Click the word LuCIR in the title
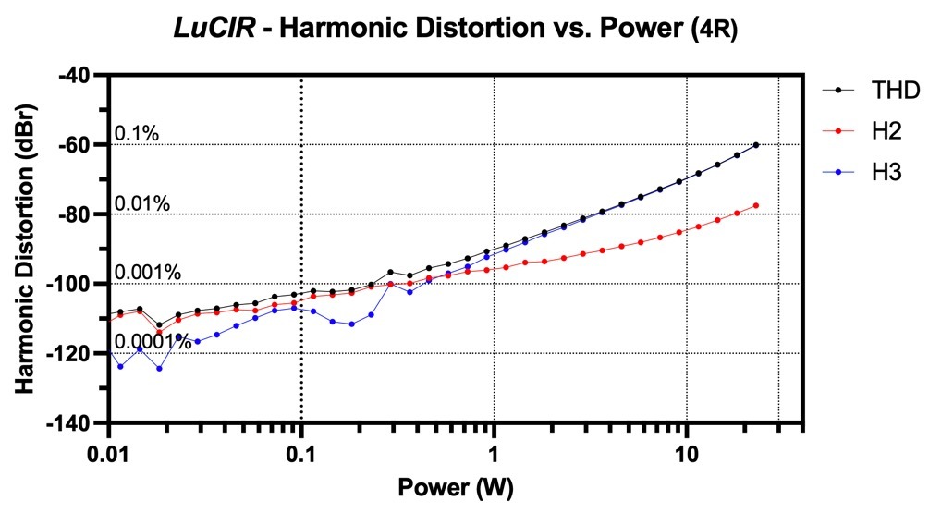coord(214,28)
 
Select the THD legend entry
coord(871,91)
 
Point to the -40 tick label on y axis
coord(80,75)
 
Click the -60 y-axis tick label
coord(80,144)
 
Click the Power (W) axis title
coord(456,487)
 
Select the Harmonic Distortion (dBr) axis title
coord(24,249)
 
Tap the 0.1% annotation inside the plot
coord(136,134)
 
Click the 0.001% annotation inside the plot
coord(148,273)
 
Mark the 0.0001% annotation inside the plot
coord(153,342)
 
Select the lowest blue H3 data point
coord(159,369)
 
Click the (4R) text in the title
coord(715,30)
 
